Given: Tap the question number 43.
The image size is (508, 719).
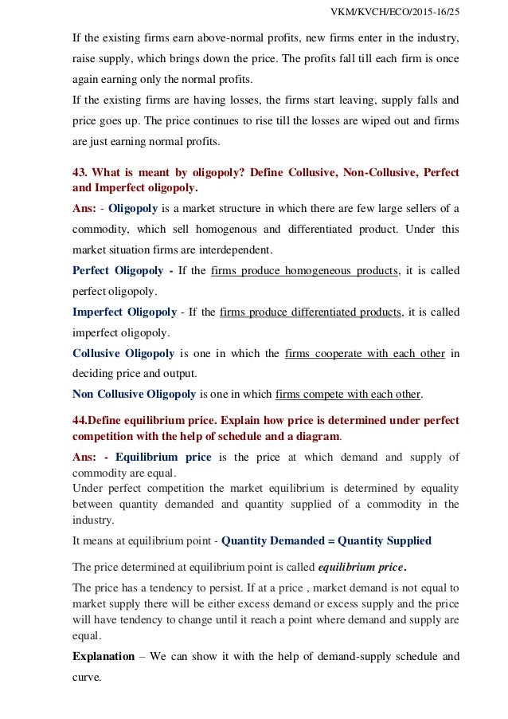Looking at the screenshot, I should [x=80, y=173].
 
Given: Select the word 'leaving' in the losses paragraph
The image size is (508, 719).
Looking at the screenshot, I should [x=331, y=103].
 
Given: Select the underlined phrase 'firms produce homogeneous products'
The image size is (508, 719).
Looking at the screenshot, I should [x=306, y=271].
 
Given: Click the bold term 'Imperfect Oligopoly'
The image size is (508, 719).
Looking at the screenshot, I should [x=124, y=312].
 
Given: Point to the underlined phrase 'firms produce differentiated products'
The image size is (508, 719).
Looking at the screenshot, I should [x=311, y=312].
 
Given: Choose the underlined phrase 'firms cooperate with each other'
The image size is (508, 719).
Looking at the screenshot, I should [x=365, y=353].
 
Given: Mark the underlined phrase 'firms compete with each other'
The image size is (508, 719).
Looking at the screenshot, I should [x=349, y=394].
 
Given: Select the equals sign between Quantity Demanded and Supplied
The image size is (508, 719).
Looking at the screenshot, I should [x=332, y=540].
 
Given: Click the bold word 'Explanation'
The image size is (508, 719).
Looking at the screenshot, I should [x=104, y=658].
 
